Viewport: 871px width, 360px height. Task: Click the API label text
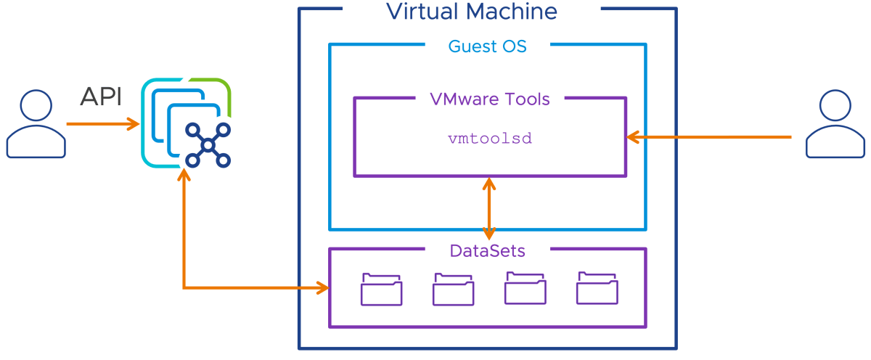[101, 97]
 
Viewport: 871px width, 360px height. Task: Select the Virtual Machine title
[471, 12]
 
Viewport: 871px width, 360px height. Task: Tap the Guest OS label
[487, 46]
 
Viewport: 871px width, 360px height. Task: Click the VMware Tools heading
[490, 99]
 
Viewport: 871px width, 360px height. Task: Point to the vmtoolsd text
[490, 138]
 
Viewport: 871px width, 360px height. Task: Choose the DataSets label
[487, 251]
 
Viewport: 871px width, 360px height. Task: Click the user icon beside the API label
[34, 124]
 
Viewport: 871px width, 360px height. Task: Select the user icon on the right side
[835, 124]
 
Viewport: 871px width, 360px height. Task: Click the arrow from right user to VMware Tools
[711, 136]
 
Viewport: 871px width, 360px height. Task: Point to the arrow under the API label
[102, 124]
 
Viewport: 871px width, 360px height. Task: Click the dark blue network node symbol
[208, 146]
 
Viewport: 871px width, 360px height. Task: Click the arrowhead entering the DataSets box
[322, 289]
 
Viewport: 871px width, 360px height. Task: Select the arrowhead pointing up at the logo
[184, 176]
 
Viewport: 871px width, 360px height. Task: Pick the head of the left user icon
[34, 106]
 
